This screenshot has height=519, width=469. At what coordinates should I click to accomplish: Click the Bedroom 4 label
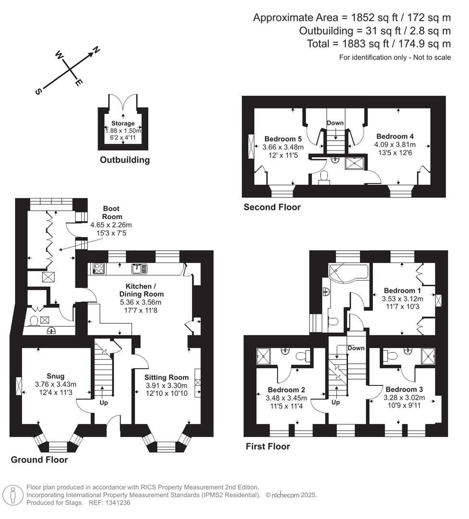pyautogui.click(x=395, y=136)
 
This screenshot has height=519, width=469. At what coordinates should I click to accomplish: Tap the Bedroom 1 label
pyautogui.click(x=402, y=291)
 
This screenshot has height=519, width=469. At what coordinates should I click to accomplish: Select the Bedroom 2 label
pyautogui.click(x=286, y=390)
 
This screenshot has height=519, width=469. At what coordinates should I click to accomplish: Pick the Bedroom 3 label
pyautogui.click(x=405, y=389)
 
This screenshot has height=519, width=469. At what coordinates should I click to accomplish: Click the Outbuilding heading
pyautogui.click(x=124, y=160)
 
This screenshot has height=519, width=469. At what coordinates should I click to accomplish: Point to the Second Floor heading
pyautogui.click(x=272, y=207)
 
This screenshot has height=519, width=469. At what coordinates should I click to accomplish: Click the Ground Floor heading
pyautogui.click(x=39, y=460)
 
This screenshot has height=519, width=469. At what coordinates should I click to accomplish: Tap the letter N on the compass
pyautogui.click(x=96, y=49)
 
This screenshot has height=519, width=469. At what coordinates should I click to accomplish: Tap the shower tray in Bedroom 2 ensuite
pyautogui.click(x=264, y=356)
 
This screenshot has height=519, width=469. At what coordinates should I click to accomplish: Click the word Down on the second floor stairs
pyautogui.click(x=335, y=123)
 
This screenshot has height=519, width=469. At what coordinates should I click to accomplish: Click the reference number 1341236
pyautogui.click(x=117, y=503)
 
